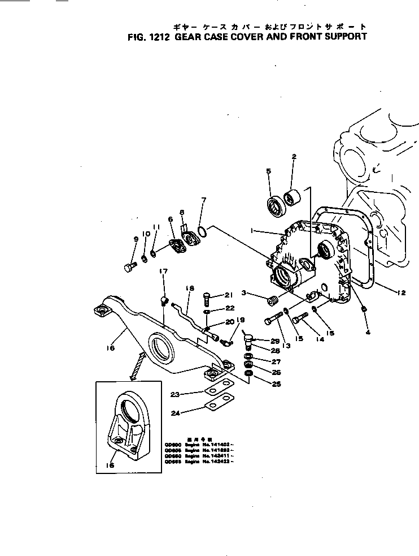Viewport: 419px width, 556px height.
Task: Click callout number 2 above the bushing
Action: [294, 156]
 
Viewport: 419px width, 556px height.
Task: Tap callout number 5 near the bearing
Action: [268, 171]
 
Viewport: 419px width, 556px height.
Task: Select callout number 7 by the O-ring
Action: [204, 200]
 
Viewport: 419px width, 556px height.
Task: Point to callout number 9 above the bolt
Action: [136, 239]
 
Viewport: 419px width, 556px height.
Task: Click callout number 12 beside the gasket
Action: [401, 292]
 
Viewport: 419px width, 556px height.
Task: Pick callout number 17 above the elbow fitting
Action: [163, 271]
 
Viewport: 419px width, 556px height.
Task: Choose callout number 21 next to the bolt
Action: [229, 295]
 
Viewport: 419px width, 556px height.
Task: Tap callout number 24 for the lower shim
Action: [176, 413]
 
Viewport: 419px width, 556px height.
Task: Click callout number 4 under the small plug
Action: [368, 333]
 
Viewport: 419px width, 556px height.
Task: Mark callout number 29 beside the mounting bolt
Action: [275, 341]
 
